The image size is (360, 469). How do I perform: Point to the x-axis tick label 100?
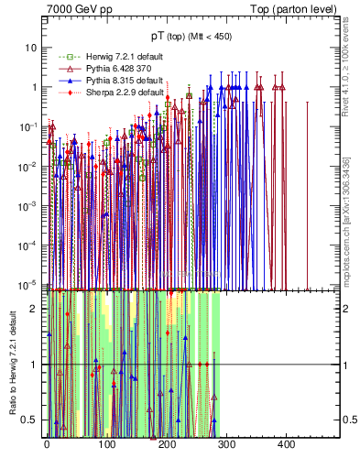[106, 444]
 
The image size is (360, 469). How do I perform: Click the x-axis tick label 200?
[167, 444]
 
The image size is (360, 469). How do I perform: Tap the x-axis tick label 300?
[226, 444]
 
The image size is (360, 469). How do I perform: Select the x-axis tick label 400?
[286, 444]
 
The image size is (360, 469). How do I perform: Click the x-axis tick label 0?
[47, 444]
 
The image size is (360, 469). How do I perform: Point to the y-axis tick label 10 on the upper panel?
[32, 47]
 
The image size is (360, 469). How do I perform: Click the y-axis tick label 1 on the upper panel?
[36, 87]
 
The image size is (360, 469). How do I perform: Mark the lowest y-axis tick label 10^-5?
[30, 285]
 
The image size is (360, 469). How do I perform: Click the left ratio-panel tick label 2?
[37, 309]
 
